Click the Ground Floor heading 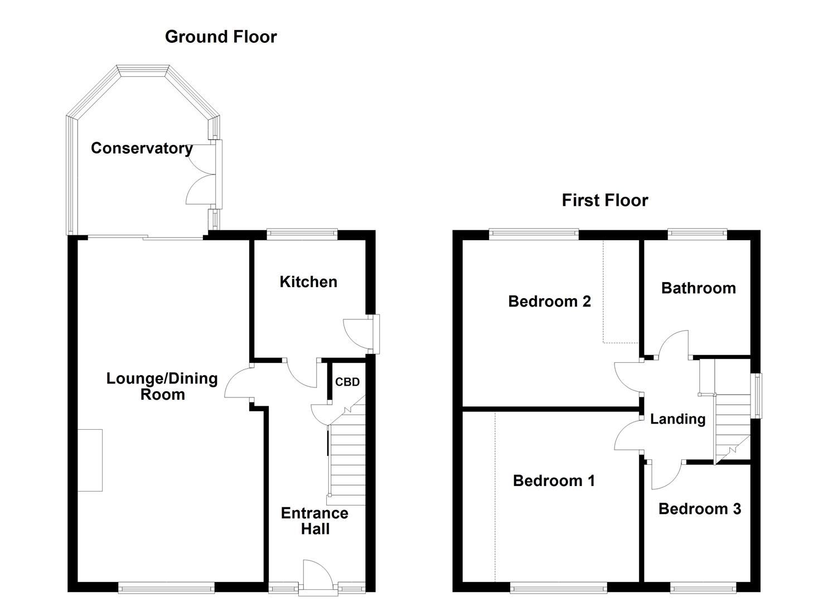[221, 37]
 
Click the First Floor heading [605, 200]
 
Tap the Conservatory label [142, 148]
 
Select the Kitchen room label [308, 282]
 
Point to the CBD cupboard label [347, 382]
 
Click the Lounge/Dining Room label [162, 386]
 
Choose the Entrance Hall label [314, 521]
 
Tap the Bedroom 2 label [549, 302]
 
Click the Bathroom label [698, 288]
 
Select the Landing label [677, 419]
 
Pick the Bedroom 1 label [554, 481]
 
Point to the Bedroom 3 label [700, 509]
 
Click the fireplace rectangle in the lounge [90, 460]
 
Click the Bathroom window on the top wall [697, 233]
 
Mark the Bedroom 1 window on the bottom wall [559, 588]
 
